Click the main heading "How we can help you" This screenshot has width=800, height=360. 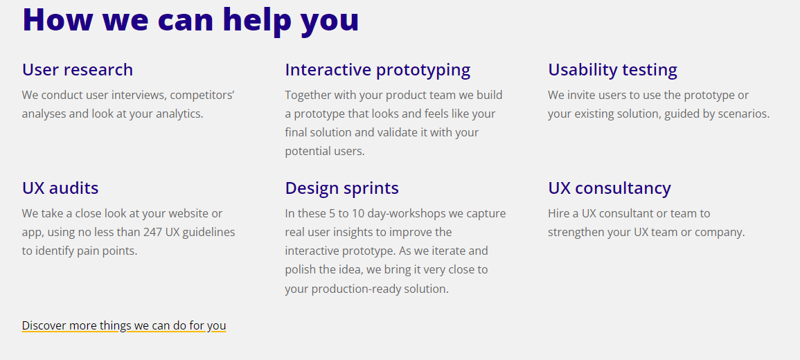(x=190, y=20)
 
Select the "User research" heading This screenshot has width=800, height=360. (x=78, y=69)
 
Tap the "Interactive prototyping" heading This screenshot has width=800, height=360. (x=377, y=70)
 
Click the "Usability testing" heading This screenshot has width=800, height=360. (x=613, y=70)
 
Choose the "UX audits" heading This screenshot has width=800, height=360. (x=60, y=188)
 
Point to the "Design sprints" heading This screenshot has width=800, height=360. (x=342, y=188)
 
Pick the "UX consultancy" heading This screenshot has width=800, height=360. (x=610, y=188)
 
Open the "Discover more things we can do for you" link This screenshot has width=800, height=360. (x=124, y=325)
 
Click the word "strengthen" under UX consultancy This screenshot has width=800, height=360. (x=576, y=233)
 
